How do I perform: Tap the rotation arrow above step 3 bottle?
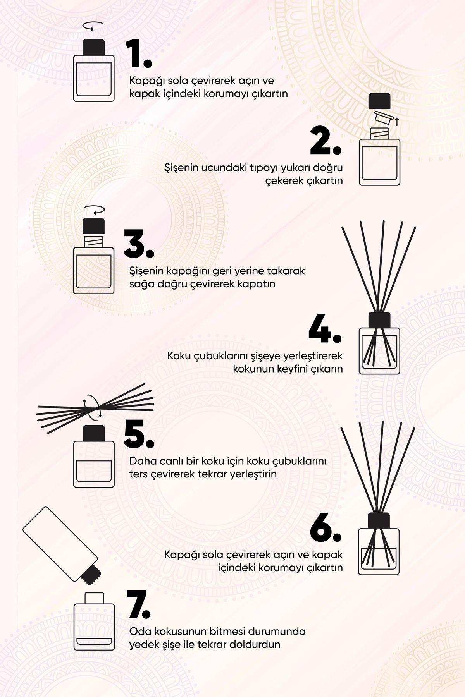(x=94, y=210)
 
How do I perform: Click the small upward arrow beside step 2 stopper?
(x=397, y=122)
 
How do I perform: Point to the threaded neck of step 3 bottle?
(x=94, y=242)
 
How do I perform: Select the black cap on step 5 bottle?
(x=94, y=434)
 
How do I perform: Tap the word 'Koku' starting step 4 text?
(x=177, y=355)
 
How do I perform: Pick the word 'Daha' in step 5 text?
(x=141, y=461)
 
